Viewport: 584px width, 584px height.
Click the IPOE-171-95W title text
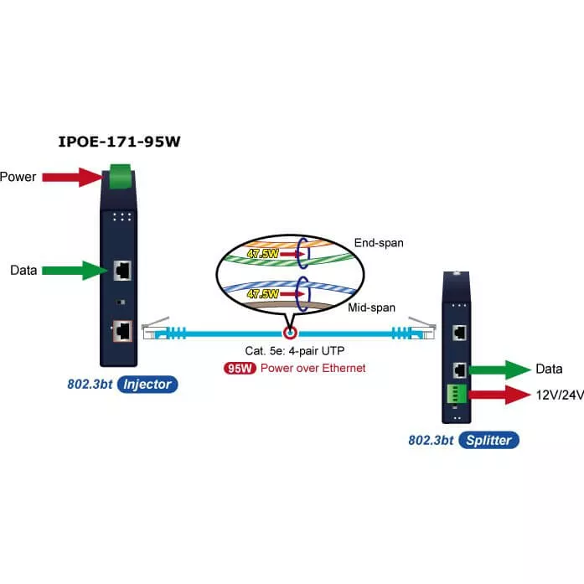coord(119,141)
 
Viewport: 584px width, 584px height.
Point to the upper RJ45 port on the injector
coord(122,270)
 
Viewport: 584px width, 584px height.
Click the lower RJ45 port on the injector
coord(122,330)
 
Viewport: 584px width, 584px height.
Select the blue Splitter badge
coord(488,440)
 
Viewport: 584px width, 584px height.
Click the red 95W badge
coord(240,368)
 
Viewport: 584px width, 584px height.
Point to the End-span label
coord(379,243)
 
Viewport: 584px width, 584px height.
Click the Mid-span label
coord(371,308)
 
